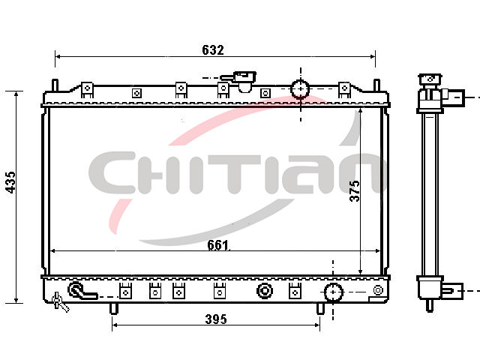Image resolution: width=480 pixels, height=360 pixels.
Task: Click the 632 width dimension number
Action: coord(213,50)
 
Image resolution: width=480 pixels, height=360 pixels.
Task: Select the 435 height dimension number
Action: coord(11,182)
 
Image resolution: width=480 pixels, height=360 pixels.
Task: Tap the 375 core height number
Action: coord(355,191)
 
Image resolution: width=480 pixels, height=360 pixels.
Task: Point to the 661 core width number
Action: coord(218,245)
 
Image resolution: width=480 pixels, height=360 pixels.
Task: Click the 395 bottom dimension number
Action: coord(216,319)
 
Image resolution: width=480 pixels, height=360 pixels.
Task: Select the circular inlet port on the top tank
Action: coord(300,88)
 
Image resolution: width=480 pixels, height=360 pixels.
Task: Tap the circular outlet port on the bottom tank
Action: coord(333,292)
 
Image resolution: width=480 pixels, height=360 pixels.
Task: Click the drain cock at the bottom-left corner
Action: coord(59,302)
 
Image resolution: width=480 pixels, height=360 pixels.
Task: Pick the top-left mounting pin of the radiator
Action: coord(55,85)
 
